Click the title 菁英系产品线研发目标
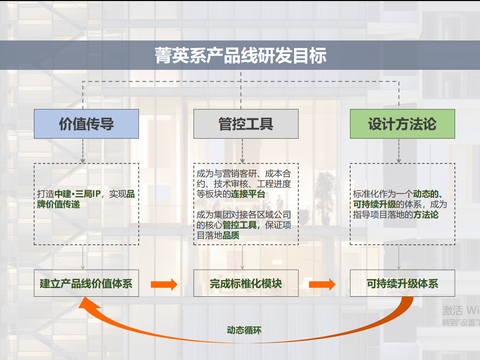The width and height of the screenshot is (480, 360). [240, 55]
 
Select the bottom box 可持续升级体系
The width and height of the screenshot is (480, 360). [400, 283]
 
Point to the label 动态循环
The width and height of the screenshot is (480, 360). [242, 329]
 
